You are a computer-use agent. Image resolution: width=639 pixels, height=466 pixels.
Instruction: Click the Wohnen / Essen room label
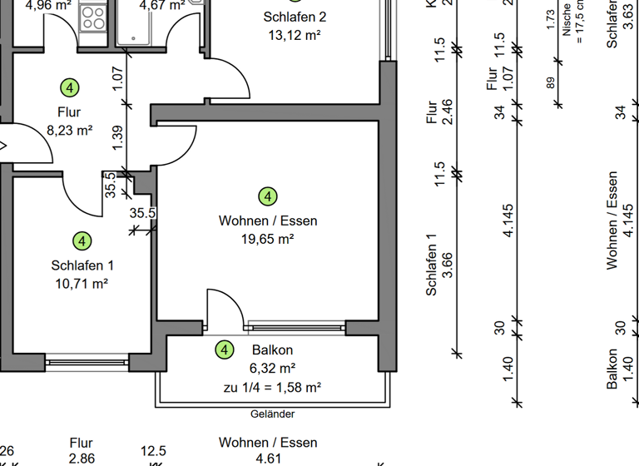pos(268,221)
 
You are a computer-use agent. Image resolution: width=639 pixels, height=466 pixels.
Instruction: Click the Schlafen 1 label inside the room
pos(82,265)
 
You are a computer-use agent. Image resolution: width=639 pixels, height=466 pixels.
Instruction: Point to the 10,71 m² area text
pos(82,283)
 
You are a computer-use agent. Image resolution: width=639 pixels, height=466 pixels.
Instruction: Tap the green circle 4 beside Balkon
pos(224,350)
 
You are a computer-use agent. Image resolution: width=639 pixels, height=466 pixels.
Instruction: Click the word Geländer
pos(272,414)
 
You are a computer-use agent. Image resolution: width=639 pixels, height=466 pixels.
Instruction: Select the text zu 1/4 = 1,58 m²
pos(272,387)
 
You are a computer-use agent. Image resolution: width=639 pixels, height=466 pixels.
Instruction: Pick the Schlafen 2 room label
pos(295,17)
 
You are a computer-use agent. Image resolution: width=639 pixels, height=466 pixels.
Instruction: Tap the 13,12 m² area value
pos(295,35)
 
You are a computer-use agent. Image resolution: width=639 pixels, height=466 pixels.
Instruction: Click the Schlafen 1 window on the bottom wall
pos(87,362)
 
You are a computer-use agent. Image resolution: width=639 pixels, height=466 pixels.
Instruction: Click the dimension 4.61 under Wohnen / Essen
pos(268,458)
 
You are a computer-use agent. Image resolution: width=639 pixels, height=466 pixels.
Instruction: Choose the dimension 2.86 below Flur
pos(82,458)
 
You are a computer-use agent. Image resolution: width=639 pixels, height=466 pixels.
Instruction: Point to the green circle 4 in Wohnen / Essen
pos(268,196)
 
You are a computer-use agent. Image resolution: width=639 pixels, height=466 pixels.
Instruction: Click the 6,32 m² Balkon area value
pos(272,369)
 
